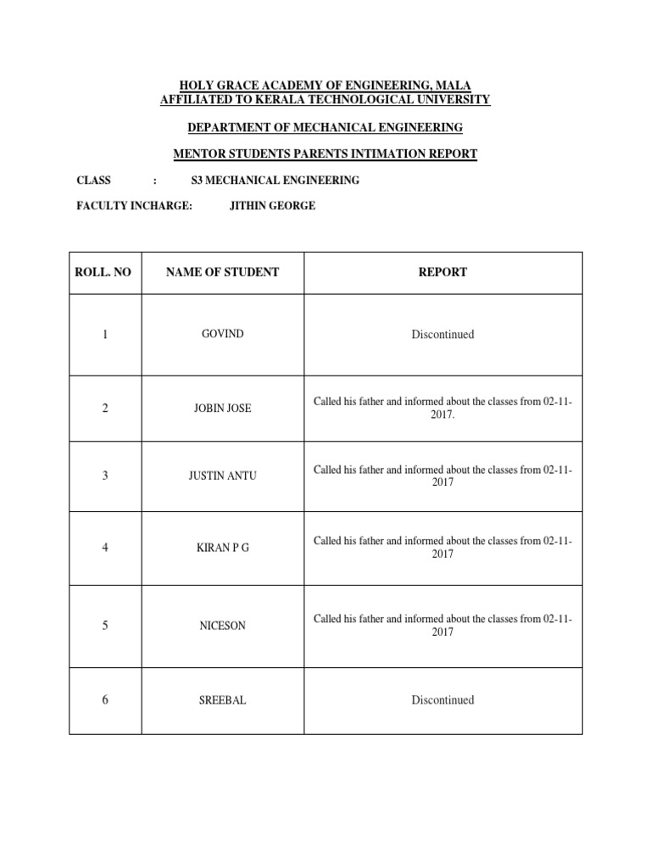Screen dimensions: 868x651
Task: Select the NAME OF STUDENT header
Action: click(222, 273)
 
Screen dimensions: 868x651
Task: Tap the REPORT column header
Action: click(442, 273)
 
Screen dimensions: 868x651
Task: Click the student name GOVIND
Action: click(223, 334)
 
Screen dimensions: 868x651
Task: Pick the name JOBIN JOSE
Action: click(223, 409)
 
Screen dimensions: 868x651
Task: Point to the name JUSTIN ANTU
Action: click(223, 476)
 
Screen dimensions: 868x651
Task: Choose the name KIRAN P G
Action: click(223, 548)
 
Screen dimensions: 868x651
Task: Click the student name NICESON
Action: click(223, 626)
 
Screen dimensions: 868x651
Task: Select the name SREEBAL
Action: click(223, 700)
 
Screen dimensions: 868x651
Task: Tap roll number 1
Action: click(105, 335)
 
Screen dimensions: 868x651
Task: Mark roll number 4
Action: click(105, 548)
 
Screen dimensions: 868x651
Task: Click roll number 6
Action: click(105, 700)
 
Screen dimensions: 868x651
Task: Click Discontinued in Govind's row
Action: click(442, 335)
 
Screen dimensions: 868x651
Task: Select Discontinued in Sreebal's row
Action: click(442, 700)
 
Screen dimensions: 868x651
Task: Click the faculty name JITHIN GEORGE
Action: click(272, 206)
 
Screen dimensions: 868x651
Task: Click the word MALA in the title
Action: click(454, 85)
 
